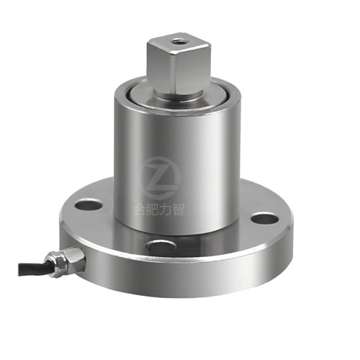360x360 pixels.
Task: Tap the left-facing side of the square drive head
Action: pos(161,71)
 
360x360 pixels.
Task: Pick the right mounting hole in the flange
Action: pos(265,217)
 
